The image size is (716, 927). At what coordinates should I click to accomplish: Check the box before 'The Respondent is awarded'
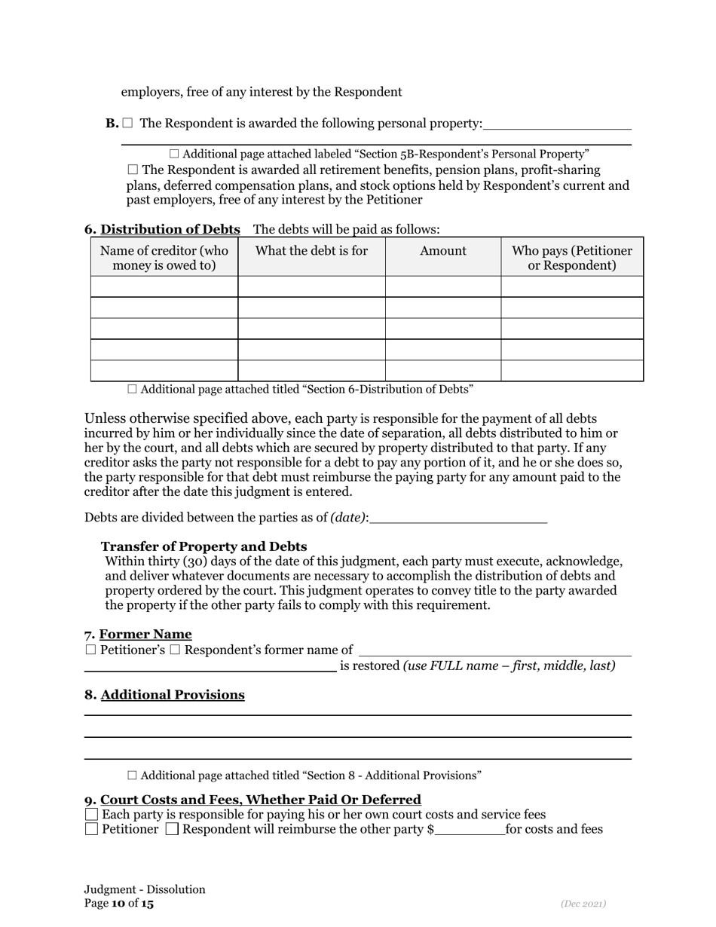[127, 123]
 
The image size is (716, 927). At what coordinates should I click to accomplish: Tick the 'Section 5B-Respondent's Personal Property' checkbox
[174, 154]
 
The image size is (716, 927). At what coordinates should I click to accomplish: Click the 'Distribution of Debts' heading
[170, 229]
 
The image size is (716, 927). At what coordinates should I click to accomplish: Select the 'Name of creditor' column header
[164, 258]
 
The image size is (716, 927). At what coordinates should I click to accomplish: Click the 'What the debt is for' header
[311, 251]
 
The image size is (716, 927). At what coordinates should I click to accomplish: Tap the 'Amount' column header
[443, 251]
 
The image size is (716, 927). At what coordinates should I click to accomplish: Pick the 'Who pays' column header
[571, 258]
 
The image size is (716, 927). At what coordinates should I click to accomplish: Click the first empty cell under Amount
[443, 286]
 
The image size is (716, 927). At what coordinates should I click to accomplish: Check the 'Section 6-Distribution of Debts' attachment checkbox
[133, 389]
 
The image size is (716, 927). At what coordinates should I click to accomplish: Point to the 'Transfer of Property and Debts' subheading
[203, 546]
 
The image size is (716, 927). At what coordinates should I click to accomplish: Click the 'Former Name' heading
[145, 635]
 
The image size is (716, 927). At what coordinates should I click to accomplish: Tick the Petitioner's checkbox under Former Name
[90, 650]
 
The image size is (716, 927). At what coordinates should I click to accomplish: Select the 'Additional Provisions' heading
[173, 695]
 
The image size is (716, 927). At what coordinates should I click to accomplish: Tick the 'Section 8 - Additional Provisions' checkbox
[133, 775]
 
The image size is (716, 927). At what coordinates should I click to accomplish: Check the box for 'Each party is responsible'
[91, 815]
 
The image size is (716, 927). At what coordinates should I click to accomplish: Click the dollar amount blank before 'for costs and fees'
[470, 830]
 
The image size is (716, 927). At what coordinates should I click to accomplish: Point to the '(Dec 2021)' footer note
[583, 904]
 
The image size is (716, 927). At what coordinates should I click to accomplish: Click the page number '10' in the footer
[118, 904]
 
